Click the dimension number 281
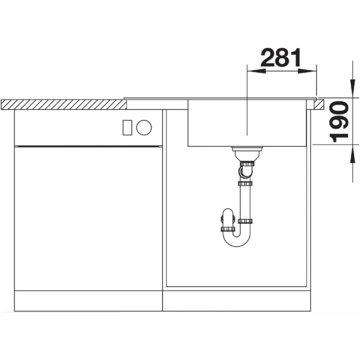click(x=280, y=58)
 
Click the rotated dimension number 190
click(x=339, y=121)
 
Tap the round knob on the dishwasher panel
click(x=144, y=127)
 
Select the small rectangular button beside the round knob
click(x=127, y=127)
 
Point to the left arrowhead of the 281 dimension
click(x=256, y=71)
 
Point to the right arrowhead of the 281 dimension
click(x=307, y=71)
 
